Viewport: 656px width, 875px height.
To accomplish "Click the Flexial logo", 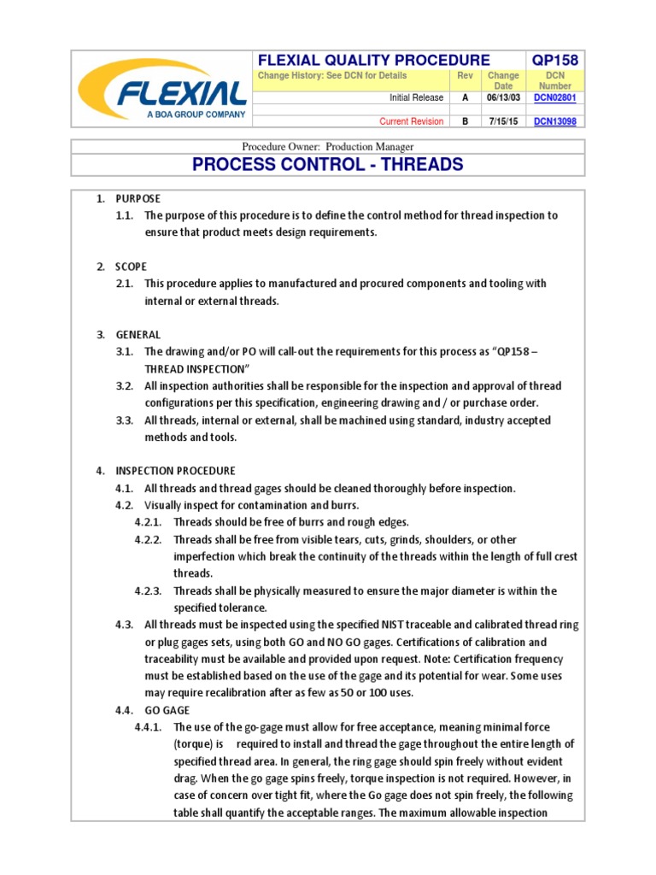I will click(x=161, y=89).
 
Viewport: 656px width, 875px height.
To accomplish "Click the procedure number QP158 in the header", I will click(x=554, y=59).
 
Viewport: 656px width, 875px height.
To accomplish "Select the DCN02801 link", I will click(x=554, y=98).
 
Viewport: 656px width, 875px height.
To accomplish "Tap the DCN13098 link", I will click(x=554, y=121).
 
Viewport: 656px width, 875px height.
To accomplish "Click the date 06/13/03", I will click(x=503, y=98).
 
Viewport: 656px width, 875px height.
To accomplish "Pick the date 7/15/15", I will click(x=503, y=121).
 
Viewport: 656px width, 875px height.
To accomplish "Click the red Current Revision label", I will click(x=411, y=121).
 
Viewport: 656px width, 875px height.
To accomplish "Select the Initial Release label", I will click(x=416, y=98).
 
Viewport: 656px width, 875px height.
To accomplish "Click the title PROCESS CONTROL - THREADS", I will click(x=328, y=164).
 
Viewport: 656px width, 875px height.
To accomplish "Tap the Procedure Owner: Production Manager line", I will click(x=328, y=146).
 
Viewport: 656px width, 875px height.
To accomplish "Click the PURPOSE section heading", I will click(x=138, y=199).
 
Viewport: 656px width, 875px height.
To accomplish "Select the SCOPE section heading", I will click(x=132, y=267).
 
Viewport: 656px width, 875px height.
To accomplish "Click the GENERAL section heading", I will click(x=138, y=334).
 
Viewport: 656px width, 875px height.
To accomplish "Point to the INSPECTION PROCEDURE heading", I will click(x=175, y=471).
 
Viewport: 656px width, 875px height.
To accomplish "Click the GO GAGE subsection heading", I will click(x=167, y=710).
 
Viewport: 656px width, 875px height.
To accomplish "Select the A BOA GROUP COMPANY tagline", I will click(x=196, y=114).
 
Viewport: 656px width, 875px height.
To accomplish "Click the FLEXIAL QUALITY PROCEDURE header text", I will click(x=374, y=59).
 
